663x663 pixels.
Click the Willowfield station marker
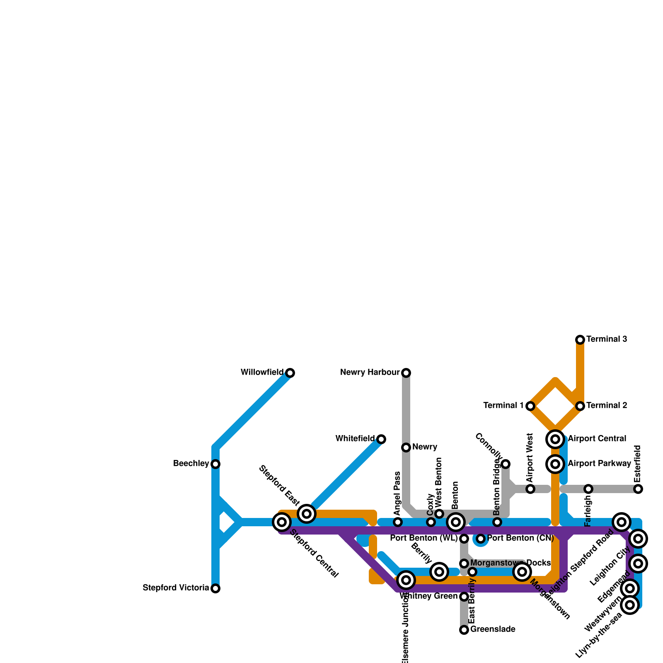pos(290,373)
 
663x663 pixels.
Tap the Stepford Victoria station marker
pos(215,588)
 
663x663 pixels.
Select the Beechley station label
pos(191,464)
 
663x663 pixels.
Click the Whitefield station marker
pos(381,439)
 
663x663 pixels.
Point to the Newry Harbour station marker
pos(406,373)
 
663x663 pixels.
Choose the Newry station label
pos(425,447)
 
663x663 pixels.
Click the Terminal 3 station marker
pos(580,340)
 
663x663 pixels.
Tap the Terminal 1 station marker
pos(530,406)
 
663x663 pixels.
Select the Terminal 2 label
pos(607,406)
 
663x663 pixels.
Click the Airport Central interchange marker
pos(555,439)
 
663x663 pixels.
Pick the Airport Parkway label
pos(599,464)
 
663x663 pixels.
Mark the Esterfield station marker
pos(638,489)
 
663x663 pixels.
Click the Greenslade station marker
pos(464,630)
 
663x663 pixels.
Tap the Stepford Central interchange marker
pos(282,522)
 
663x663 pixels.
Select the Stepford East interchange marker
pos(307,514)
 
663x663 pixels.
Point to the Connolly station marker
pos(506,464)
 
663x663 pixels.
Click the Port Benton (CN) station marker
pos(481,539)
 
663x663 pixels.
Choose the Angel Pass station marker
pos(398,522)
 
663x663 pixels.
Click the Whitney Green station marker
pos(464,597)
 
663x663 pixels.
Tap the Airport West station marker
pos(530,489)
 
